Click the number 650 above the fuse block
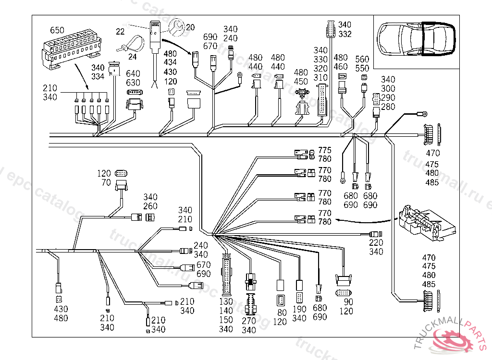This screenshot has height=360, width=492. click(57, 30)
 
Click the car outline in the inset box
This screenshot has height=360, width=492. click(416, 39)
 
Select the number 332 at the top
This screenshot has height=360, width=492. click(344, 34)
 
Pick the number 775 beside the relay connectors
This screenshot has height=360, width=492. click(325, 151)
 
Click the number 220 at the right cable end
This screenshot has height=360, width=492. click(376, 242)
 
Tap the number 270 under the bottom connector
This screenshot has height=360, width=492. click(249, 321)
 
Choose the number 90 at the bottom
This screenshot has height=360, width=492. click(349, 302)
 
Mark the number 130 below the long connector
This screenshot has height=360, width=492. click(226, 302)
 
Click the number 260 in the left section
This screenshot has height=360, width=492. click(150, 206)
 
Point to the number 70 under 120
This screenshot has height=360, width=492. click(107, 182)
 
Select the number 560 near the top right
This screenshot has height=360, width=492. click(362, 59)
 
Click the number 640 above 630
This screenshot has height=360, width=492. click(133, 73)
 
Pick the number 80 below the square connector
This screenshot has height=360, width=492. click(282, 312)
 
